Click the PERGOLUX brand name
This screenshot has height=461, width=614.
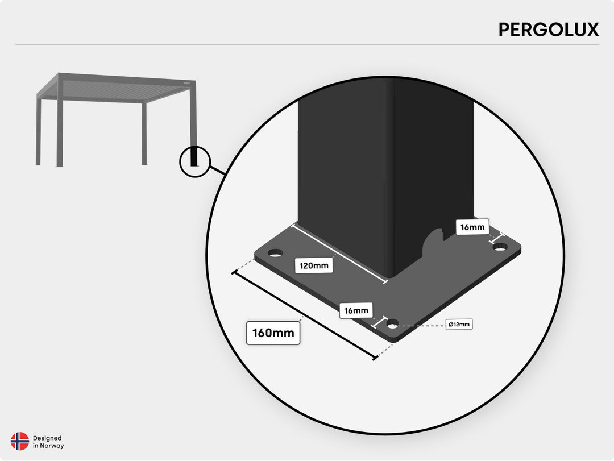(548, 30)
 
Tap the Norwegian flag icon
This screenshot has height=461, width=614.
(20, 442)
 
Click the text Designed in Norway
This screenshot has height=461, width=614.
(48, 442)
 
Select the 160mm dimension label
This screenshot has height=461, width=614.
(273, 333)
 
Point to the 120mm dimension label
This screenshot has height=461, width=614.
(314, 265)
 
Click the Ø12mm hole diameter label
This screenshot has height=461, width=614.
(459, 325)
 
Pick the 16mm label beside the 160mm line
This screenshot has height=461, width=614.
(356, 310)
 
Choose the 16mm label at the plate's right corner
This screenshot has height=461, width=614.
(472, 227)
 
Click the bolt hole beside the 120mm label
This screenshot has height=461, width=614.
(275, 253)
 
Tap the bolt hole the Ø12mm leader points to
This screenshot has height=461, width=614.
(393, 325)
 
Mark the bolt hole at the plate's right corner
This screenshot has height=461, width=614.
(500, 247)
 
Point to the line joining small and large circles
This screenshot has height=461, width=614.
(218, 170)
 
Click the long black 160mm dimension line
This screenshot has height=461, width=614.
(304, 314)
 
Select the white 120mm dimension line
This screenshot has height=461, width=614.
(339, 254)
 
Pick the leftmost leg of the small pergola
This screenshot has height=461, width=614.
(39, 131)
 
